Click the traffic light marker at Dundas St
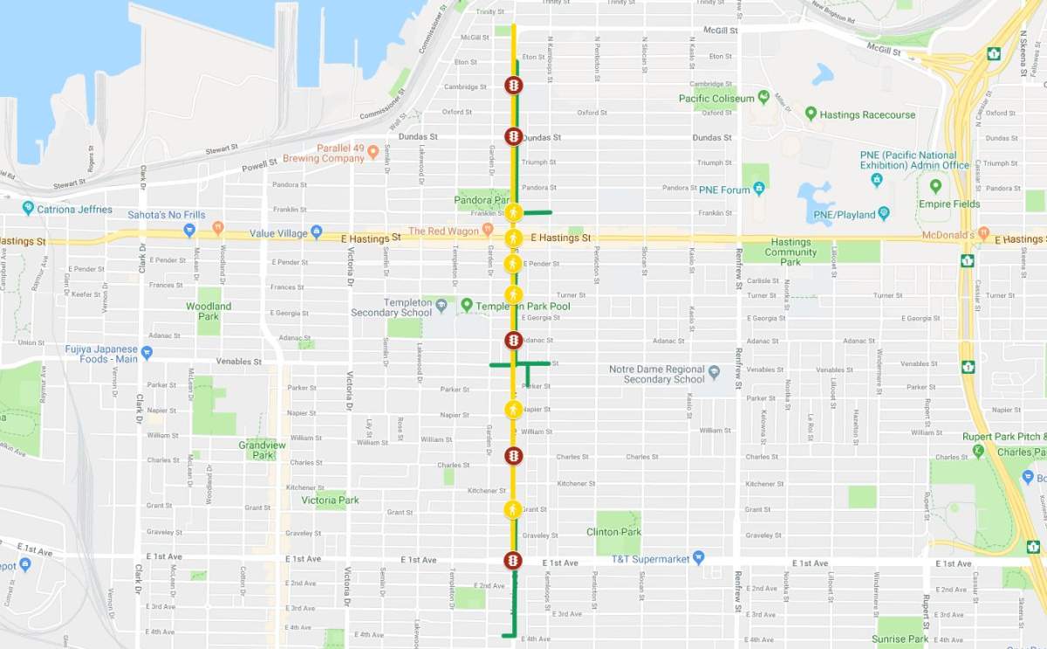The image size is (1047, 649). [514, 137]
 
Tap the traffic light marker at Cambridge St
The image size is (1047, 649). [514, 85]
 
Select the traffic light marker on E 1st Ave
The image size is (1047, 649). [514, 560]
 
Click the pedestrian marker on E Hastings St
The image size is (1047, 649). [514, 238]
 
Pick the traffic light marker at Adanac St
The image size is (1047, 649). [514, 340]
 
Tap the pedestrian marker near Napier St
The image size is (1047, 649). [514, 409]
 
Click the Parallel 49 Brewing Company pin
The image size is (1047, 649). [373, 152]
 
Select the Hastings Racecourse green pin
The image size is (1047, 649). [811, 114]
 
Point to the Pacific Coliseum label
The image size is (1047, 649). [716, 99]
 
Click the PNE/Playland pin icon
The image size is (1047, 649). [884, 213]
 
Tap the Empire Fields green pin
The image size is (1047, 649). [936, 187]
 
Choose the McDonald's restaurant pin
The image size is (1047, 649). [984, 234]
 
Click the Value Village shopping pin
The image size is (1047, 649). [316, 232]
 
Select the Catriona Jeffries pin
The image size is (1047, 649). [29, 209]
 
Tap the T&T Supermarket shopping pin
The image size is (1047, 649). [697, 558]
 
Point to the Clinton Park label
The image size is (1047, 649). [614, 532]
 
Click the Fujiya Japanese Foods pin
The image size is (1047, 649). [147, 353]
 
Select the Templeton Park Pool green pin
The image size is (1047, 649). [467, 306]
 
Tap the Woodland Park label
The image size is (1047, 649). [209, 311]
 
